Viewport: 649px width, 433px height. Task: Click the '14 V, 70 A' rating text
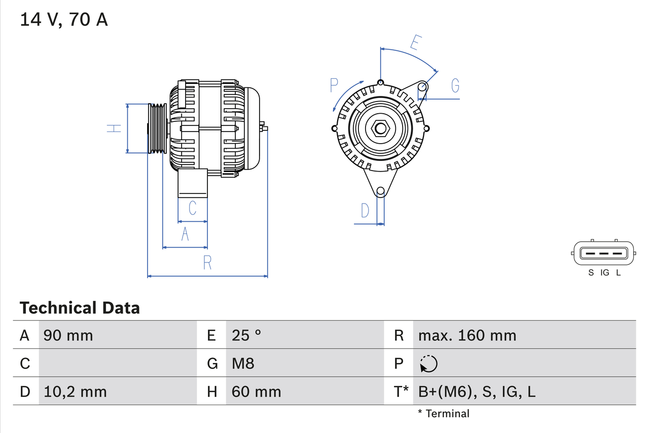tap(64, 20)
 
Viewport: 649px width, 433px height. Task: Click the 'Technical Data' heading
tap(80, 308)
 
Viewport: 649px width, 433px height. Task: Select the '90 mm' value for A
tap(68, 335)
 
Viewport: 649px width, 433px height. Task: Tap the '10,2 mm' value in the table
tap(75, 391)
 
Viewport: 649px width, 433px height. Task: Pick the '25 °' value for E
tap(246, 335)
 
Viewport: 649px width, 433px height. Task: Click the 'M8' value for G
tap(243, 363)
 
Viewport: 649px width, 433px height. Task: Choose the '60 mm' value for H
tap(256, 391)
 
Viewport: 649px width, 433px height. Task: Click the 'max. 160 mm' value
tap(467, 335)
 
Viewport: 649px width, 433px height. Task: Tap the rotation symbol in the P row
tap(428, 363)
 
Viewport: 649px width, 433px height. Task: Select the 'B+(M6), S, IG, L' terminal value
tap(477, 391)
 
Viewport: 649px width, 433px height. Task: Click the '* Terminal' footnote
tap(444, 414)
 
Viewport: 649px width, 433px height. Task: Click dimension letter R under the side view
tap(207, 263)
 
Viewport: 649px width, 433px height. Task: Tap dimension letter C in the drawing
tap(193, 208)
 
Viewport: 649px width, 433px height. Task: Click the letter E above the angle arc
tap(415, 43)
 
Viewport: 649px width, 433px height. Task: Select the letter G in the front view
tap(455, 86)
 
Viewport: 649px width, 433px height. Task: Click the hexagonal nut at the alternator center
tap(380, 128)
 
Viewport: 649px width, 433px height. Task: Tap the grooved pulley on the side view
tap(157, 128)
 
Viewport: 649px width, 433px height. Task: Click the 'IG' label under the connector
tap(604, 273)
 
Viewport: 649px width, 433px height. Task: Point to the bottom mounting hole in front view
tap(380, 191)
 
